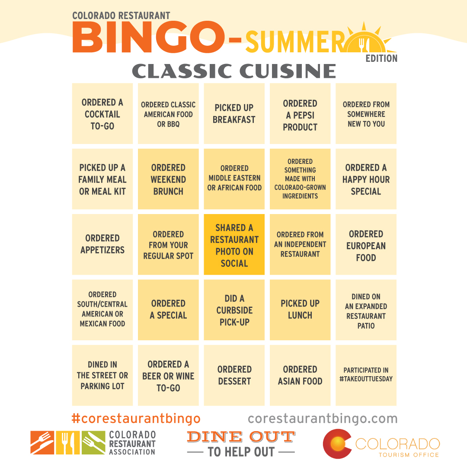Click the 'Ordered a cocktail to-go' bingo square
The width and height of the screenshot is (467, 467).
coord(102,113)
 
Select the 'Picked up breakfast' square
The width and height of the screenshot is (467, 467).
coord(234,113)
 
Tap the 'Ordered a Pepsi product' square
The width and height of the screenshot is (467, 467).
coord(300,113)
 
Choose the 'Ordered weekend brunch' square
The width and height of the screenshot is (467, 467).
coord(168,179)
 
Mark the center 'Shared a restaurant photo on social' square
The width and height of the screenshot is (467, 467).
coord(234,244)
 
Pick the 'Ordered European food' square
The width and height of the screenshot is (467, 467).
coord(366,244)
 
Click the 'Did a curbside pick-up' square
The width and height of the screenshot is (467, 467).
coord(234,310)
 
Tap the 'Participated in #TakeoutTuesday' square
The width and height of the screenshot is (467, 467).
coord(366,375)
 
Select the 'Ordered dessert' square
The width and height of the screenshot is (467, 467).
coord(234,375)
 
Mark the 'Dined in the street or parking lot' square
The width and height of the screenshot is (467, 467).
coord(102,375)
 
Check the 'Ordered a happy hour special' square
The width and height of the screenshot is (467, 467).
coord(366,179)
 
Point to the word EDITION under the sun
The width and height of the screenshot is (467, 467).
coord(381,58)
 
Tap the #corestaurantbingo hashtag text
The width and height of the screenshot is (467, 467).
coord(136,419)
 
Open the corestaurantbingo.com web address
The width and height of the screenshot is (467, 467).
coord(323,419)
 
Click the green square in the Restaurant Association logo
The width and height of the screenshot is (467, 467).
coord(93,443)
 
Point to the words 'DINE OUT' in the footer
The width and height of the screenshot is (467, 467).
coord(241,437)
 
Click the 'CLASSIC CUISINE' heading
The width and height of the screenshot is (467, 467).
coord(234,71)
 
